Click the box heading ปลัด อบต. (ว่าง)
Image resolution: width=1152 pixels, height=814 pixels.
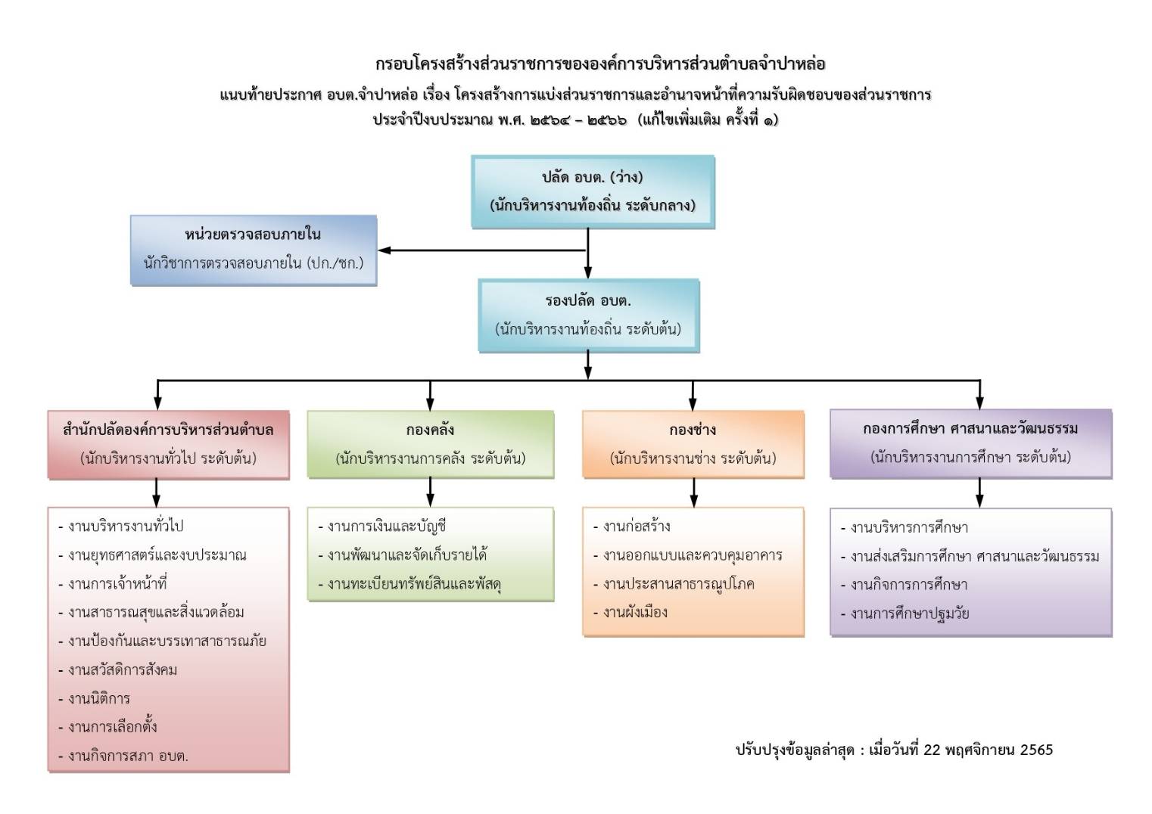[x=593, y=177]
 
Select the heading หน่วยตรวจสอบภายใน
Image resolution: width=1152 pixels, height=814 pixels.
[x=253, y=235]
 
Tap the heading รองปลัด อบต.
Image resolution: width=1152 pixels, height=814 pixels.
[x=588, y=300]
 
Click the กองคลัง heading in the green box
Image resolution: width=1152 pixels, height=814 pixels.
[x=430, y=430]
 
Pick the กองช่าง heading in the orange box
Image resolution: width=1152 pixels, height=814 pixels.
[x=693, y=430]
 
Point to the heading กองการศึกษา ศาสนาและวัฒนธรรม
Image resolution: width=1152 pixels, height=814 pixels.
[x=970, y=429]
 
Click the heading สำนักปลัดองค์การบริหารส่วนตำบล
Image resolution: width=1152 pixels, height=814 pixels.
[x=168, y=430]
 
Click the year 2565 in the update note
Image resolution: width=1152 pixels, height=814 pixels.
[x=1036, y=750]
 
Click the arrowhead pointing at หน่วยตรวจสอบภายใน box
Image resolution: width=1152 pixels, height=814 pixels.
[x=385, y=250]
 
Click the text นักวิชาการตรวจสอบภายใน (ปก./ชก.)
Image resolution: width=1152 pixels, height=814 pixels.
[x=254, y=263]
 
